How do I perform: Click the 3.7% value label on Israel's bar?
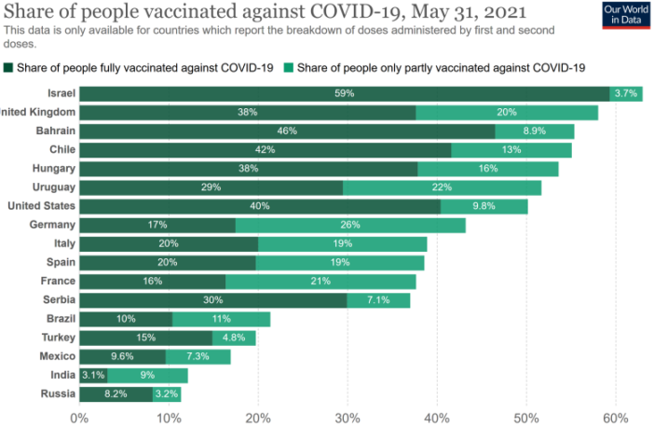(625, 93)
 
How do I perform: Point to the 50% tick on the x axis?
(526, 417)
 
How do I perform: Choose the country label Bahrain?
(55, 131)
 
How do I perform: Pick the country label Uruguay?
(54, 187)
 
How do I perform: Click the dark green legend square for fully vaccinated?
(9, 67)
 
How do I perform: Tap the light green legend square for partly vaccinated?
(290, 67)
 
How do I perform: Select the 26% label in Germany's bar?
(350, 225)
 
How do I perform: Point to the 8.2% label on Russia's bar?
(116, 394)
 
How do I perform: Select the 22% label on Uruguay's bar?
(442, 187)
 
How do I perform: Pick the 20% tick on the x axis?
(258, 417)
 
